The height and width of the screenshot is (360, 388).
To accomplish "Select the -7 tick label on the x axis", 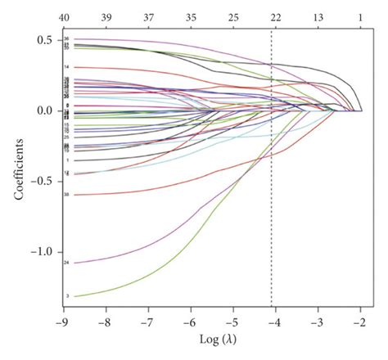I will click(147, 322).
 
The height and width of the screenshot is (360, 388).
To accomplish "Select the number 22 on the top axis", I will click(275, 16).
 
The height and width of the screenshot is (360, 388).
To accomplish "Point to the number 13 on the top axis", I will click(318, 16).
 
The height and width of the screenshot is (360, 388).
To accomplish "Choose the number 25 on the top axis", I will click(233, 16).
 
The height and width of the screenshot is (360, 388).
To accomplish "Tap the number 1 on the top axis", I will click(360, 16).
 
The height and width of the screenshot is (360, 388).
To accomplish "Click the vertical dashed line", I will click(272, 205).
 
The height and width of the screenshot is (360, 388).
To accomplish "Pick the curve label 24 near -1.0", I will click(65, 262).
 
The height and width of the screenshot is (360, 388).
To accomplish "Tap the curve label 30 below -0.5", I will click(65, 194).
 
